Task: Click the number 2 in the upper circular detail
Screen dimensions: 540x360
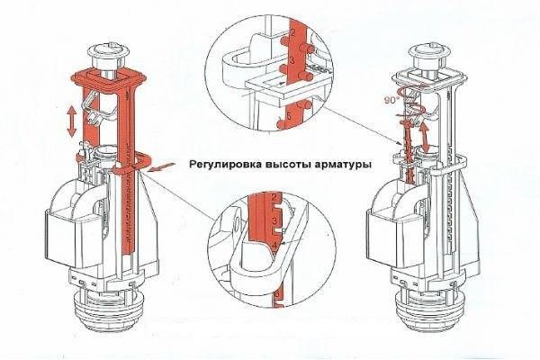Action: [x=293, y=33]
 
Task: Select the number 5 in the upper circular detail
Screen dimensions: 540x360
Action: [x=289, y=116]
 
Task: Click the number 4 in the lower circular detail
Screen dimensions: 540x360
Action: [x=274, y=245]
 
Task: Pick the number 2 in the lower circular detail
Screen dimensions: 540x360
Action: [x=274, y=198]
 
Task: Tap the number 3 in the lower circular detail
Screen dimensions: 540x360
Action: [x=274, y=220]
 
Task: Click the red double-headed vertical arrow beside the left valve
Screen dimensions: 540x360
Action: [x=72, y=121]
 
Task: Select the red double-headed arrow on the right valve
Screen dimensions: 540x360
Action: [x=426, y=138]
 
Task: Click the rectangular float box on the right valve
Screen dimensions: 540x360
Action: [x=387, y=240]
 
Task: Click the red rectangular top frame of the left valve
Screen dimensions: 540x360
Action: [x=110, y=77]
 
